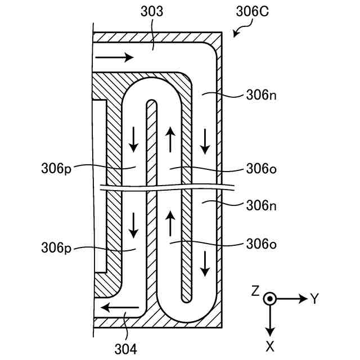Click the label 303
152,11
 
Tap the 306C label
253,11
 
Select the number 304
125,349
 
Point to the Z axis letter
255,291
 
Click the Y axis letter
314,299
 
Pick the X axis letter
270,346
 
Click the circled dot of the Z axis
270,299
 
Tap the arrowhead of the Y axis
303,299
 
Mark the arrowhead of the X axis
270,332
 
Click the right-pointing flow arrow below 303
114,57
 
